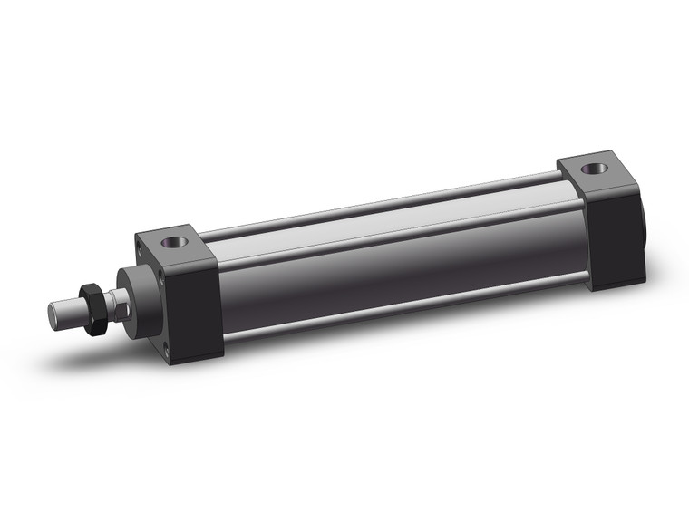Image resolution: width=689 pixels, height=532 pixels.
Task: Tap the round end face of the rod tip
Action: pyautogui.click(x=53, y=314)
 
